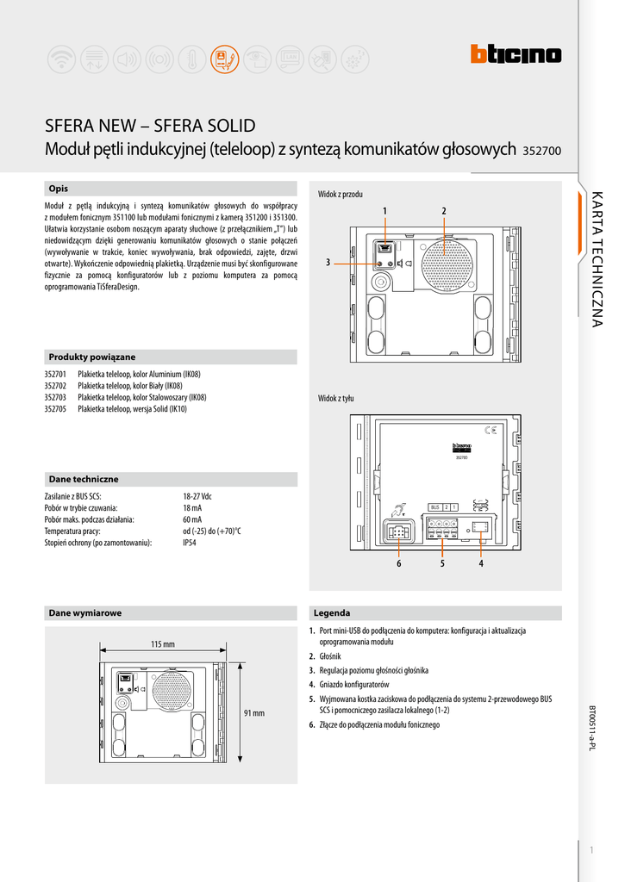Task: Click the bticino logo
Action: pyautogui.click(x=516, y=55)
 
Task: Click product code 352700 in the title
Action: pyautogui.click(x=542, y=151)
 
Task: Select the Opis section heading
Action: pyautogui.click(x=59, y=189)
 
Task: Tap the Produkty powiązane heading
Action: pyautogui.click(x=92, y=357)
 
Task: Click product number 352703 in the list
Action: pyautogui.click(x=56, y=398)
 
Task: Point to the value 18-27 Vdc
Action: pyautogui.click(x=197, y=497)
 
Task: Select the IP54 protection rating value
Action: pyautogui.click(x=190, y=543)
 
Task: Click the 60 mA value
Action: pyautogui.click(x=192, y=520)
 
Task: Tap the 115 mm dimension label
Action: pyautogui.click(x=163, y=644)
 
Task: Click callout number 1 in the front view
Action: pyautogui.click(x=385, y=211)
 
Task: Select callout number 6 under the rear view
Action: pyautogui.click(x=399, y=564)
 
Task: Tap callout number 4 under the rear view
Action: pyautogui.click(x=481, y=564)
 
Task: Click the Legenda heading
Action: pyautogui.click(x=332, y=613)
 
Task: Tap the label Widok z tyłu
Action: pyautogui.click(x=336, y=398)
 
